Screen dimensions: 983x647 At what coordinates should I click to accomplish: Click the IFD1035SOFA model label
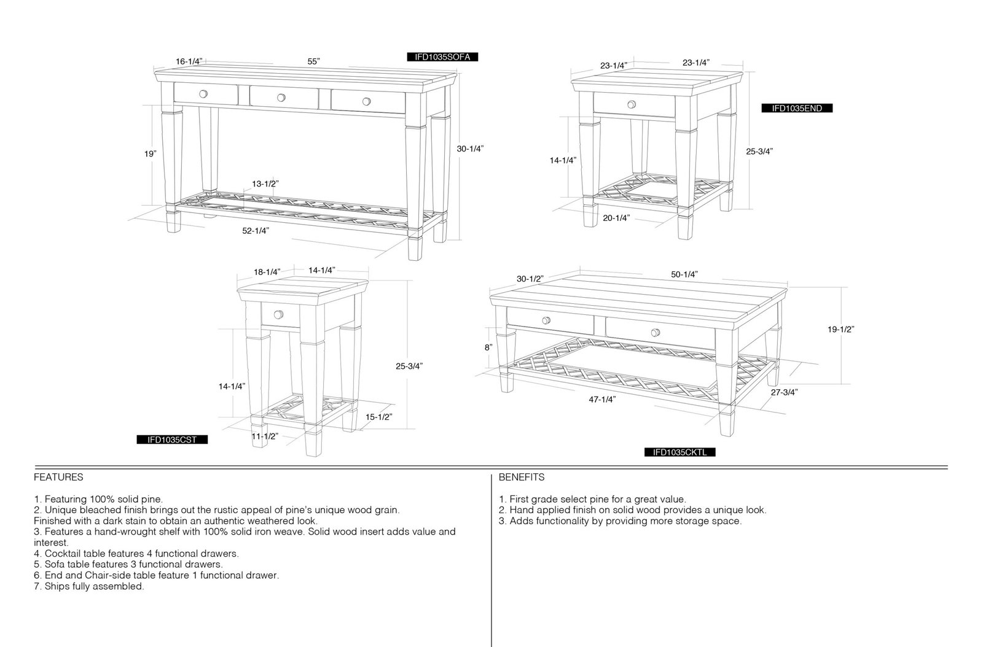tap(442, 57)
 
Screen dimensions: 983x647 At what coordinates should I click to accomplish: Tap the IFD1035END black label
tap(797, 108)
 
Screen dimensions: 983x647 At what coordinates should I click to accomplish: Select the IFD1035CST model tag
tap(172, 440)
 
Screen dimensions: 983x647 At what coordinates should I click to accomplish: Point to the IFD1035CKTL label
tap(679, 452)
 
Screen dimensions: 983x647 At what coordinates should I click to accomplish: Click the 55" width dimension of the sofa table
tap(313, 61)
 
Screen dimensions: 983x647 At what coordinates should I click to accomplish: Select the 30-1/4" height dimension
tap(470, 149)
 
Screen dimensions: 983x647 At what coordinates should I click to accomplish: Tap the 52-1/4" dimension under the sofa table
tap(256, 231)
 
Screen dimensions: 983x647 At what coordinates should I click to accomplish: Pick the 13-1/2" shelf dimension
tap(265, 184)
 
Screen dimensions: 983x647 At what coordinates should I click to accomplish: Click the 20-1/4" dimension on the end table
tap(616, 218)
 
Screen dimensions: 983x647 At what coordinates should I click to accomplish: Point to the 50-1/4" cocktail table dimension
tap(684, 274)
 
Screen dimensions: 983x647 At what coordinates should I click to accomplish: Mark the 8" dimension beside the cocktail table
tap(488, 347)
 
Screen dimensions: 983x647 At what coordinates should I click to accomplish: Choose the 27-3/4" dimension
tap(784, 392)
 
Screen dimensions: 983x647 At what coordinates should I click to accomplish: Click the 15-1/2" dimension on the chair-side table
tap(378, 417)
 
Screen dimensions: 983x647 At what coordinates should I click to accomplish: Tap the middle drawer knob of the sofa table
tap(281, 98)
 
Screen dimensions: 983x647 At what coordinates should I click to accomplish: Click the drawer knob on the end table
tap(632, 104)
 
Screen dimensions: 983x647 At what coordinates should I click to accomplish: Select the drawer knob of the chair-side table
tap(279, 314)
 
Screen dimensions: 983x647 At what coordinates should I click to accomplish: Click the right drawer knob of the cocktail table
tap(656, 332)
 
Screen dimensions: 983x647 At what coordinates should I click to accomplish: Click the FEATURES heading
tap(58, 477)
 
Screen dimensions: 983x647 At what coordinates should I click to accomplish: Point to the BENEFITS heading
tap(522, 477)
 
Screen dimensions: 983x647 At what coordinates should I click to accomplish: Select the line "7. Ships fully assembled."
tap(89, 586)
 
